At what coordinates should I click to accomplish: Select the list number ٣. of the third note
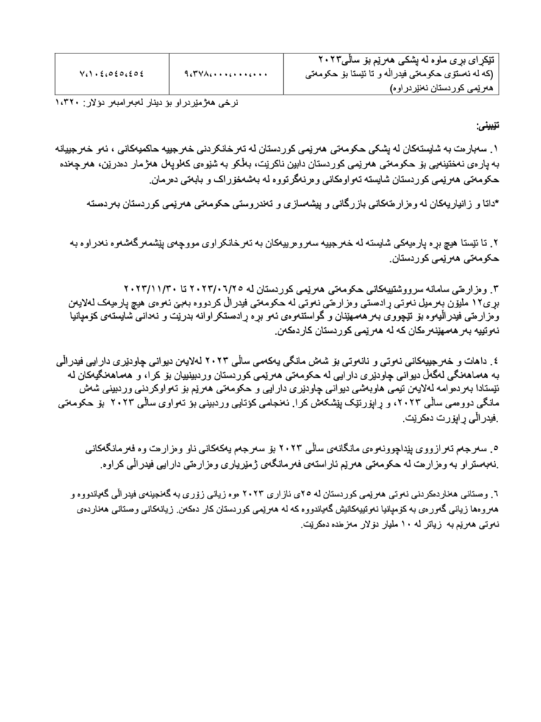click(494, 290)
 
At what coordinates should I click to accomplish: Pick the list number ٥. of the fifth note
click(494, 448)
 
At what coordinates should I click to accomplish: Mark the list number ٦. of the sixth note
click(494, 493)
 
